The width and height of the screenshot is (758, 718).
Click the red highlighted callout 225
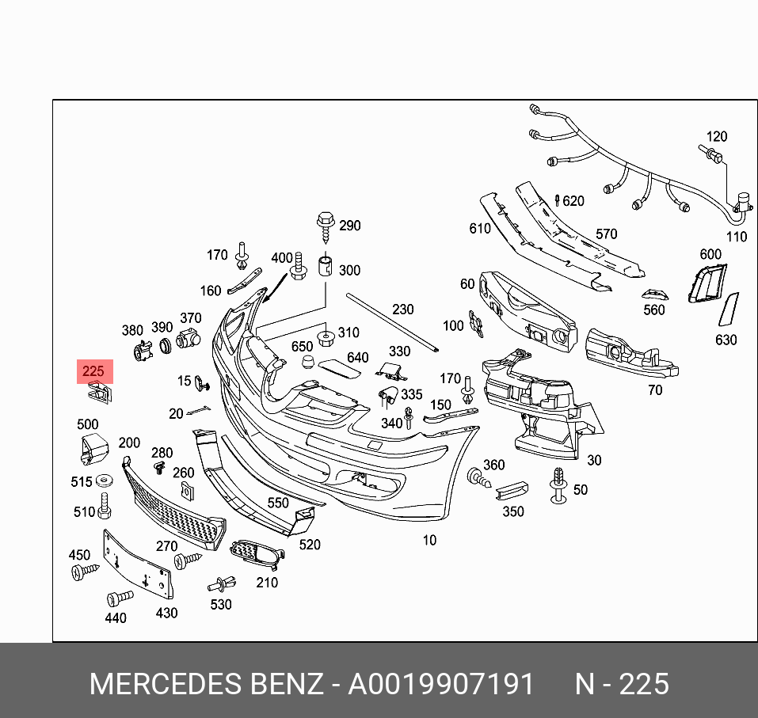(94, 371)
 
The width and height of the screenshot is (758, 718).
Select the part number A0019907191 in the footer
(441, 683)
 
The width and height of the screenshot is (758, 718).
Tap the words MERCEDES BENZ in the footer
(205, 683)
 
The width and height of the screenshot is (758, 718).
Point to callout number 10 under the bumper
(429, 540)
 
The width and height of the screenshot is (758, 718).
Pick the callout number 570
(606, 234)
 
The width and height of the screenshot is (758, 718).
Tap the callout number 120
(716, 137)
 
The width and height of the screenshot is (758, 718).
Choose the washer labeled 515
(104, 481)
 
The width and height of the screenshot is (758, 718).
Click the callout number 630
(726, 340)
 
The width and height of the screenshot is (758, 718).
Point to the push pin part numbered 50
(559, 484)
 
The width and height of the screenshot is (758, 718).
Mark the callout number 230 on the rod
(403, 310)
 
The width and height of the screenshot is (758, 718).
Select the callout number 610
(480, 229)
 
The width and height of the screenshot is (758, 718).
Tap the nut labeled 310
(325, 339)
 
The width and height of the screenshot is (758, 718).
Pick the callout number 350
(513, 511)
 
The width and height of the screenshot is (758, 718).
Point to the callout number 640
(358, 358)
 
